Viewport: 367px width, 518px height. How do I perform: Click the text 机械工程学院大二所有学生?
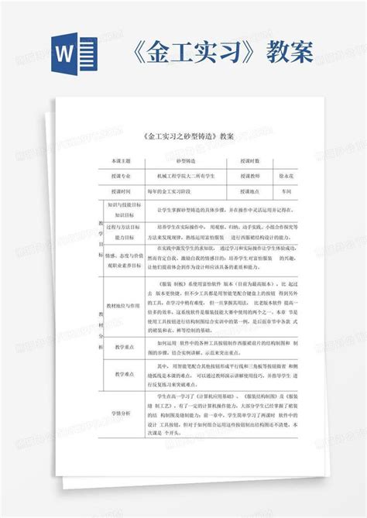[185, 176]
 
